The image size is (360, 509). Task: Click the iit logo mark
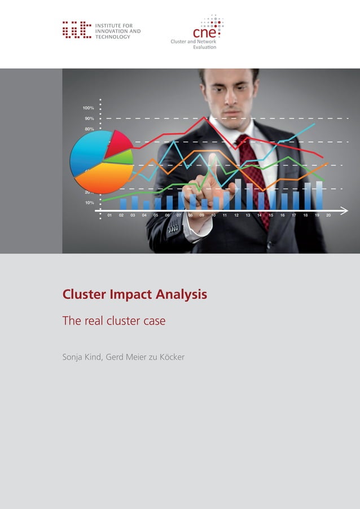[76, 30]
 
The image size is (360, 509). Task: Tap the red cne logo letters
[204, 32]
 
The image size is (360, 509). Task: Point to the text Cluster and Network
[193, 42]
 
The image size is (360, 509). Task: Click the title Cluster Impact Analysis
[134, 294]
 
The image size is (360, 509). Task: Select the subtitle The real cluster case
[114, 321]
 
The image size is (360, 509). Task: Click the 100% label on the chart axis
[89, 108]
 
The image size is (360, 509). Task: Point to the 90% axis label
[89, 119]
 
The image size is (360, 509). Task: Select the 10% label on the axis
[89, 203]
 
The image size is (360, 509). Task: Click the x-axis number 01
[109, 216]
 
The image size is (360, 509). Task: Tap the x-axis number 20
[328, 216]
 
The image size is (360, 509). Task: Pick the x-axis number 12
[236, 216]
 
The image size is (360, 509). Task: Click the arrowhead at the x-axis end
[345, 210]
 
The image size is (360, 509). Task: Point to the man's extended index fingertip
[213, 157]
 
